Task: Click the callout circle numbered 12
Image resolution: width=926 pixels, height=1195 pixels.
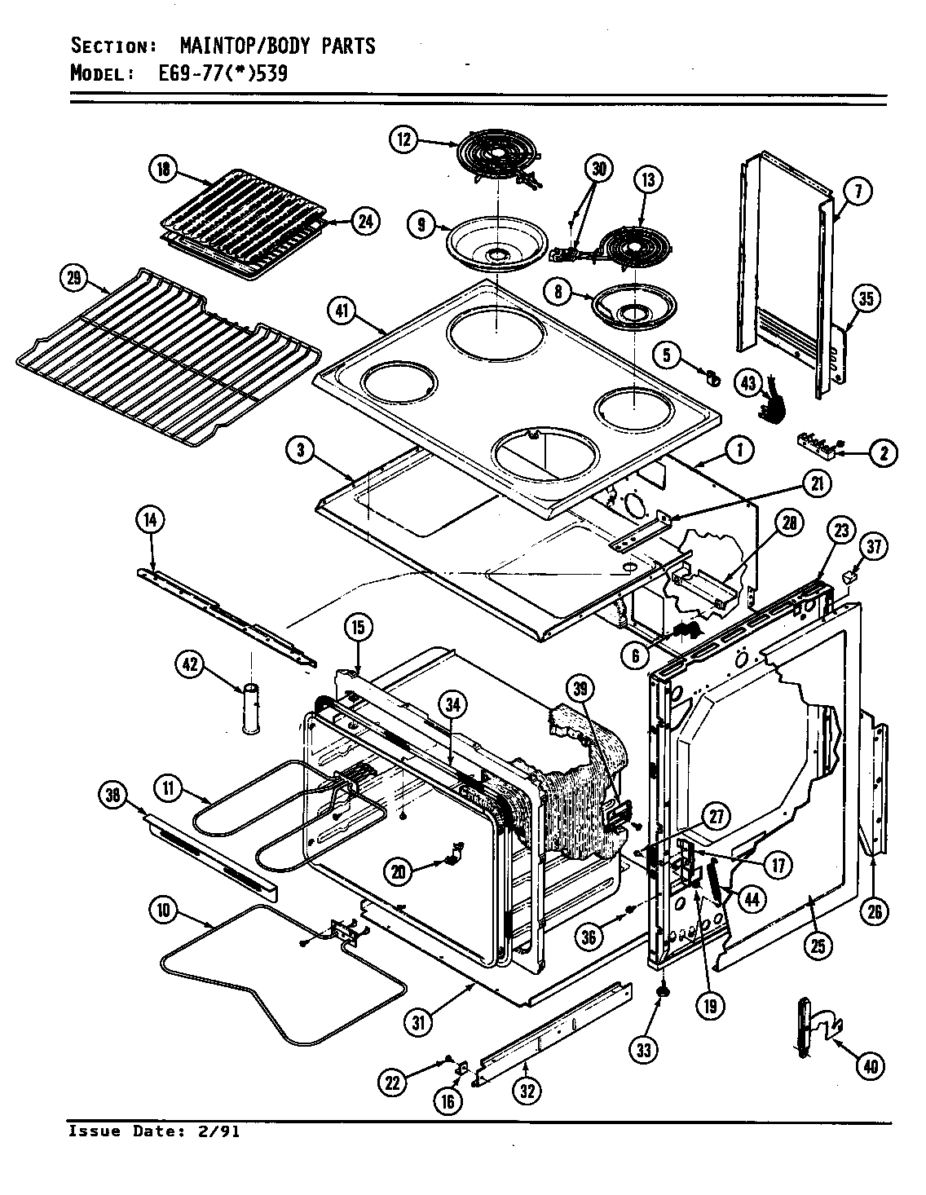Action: click(403, 139)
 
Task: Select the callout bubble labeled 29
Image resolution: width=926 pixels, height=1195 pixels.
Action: click(75, 279)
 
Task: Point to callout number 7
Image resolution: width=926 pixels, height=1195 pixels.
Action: click(858, 192)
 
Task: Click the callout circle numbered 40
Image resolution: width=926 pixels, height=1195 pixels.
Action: click(871, 1065)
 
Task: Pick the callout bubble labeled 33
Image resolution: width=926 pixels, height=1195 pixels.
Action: click(645, 1050)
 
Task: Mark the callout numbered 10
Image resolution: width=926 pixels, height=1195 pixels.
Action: click(164, 910)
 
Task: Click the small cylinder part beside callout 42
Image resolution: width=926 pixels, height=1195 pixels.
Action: click(249, 709)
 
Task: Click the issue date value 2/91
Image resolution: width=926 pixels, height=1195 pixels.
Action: click(222, 1131)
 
